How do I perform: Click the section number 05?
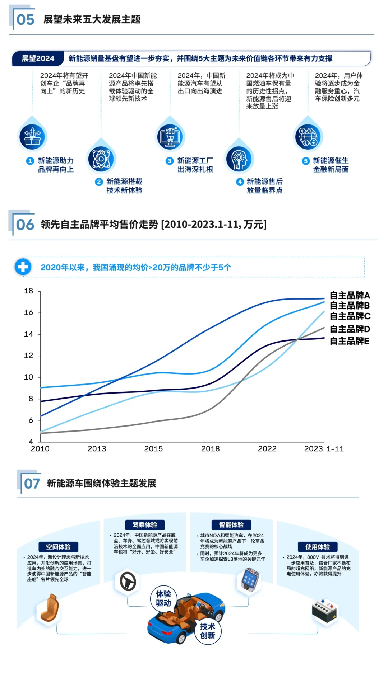25,20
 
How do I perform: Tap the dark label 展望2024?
38,58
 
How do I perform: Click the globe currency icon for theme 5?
308,137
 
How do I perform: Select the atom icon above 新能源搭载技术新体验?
101,159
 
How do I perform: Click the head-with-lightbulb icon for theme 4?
239,159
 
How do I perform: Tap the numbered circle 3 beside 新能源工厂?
170,161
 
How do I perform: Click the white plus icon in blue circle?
23,267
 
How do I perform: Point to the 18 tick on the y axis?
29,291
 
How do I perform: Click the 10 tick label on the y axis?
29,377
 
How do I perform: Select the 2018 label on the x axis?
210,449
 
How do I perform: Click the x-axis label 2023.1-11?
324,449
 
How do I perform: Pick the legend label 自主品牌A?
350,296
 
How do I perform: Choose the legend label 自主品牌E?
350,341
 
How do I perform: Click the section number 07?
32,484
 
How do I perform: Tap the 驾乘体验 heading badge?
145,525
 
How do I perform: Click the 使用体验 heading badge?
318,547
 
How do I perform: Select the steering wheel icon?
128,582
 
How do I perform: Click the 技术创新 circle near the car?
208,631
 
